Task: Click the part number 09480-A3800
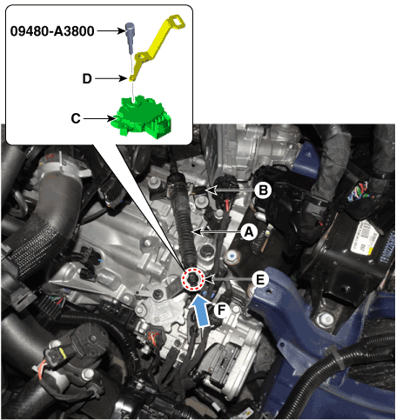(x=52, y=31)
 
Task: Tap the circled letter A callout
(x=249, y=232)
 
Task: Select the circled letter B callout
(x=263, y=190)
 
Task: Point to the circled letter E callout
(x=260, y=279)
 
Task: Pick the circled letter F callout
(x=222, y=310)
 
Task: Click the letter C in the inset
(x=76, y=118)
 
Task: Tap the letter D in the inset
(x=87, y=78)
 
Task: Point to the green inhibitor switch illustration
(x=142, y=118)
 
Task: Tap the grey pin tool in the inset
(x=131, y=37)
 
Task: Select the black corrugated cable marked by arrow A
(x=184, y=220)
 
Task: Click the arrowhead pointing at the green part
(x=111, y=118)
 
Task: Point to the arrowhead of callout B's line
(x=211, y=190)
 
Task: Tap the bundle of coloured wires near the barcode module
(x=358, y=190)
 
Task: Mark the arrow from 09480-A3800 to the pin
(x=111, y=30)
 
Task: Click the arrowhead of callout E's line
(x=210, y=279)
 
